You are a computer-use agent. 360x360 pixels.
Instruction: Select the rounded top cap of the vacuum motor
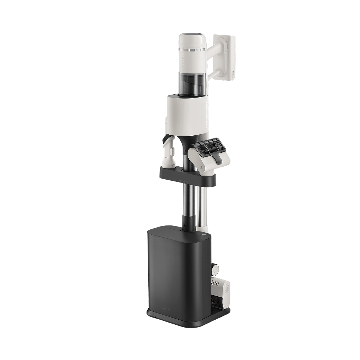192,38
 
